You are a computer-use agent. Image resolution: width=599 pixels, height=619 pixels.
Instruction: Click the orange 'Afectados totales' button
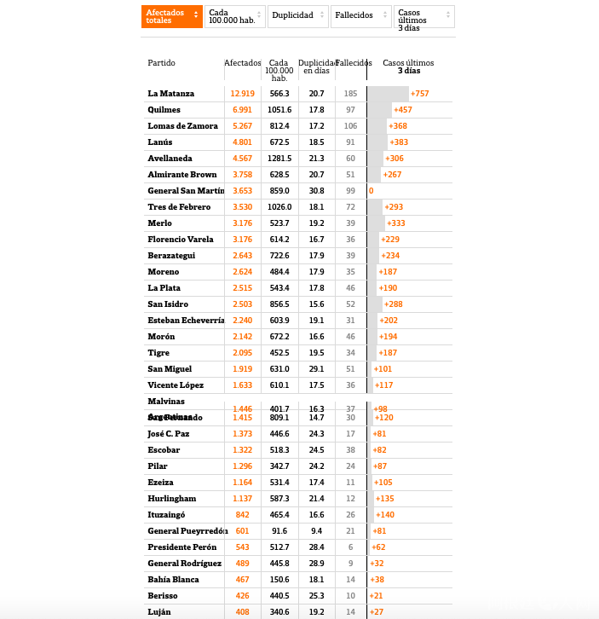coord(171,16)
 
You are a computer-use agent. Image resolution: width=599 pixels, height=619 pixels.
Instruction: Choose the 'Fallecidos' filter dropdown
coord(361,15)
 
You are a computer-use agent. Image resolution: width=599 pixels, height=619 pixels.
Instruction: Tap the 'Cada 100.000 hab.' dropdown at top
coord(234,16)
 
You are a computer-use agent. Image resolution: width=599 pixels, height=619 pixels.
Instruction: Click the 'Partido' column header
coord(161,63)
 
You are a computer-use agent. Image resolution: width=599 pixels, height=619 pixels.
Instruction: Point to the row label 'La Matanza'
coord(170,94)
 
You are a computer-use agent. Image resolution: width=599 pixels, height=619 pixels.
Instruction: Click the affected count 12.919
coord(242,94)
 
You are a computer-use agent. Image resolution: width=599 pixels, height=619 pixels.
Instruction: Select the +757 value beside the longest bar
coord(419,94)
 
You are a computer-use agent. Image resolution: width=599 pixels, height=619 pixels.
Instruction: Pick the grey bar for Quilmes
coord(380,110)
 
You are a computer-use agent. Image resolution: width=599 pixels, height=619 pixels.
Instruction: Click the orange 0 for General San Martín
coord(371,191)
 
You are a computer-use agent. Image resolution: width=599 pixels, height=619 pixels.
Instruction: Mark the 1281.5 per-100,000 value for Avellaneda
coord(279,159)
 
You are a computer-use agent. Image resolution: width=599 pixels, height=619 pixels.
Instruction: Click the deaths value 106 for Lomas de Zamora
coord(350,126)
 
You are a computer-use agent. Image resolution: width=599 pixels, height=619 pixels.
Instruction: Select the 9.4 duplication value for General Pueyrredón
coord(316,531)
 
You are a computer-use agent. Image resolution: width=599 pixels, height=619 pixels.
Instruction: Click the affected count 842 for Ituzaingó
coord(242,515)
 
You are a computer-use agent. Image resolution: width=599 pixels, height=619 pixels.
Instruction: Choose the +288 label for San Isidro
coord(395,304)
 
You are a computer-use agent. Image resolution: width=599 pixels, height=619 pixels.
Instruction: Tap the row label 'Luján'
coord(159,612)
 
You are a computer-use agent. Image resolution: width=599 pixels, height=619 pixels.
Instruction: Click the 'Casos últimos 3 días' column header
coord(408,67)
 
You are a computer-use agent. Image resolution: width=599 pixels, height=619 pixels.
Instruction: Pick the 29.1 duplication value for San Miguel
coord(316,369)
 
